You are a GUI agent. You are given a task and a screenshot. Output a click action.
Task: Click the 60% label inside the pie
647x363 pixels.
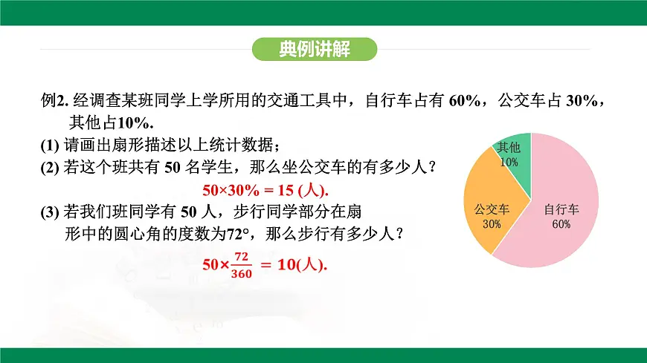coord(561,224)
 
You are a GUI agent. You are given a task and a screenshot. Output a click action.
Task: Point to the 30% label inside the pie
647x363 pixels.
coord(491,224)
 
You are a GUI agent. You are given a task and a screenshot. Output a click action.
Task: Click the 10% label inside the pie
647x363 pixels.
coord(509,162)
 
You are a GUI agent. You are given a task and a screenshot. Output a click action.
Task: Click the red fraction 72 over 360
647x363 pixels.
coord(242,264)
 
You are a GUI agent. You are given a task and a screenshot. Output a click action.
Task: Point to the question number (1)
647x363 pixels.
coord(51,145)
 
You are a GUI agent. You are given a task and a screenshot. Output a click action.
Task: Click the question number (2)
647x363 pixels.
coord(51,168)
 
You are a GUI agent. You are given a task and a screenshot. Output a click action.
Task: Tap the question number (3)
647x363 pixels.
coord(51,212)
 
